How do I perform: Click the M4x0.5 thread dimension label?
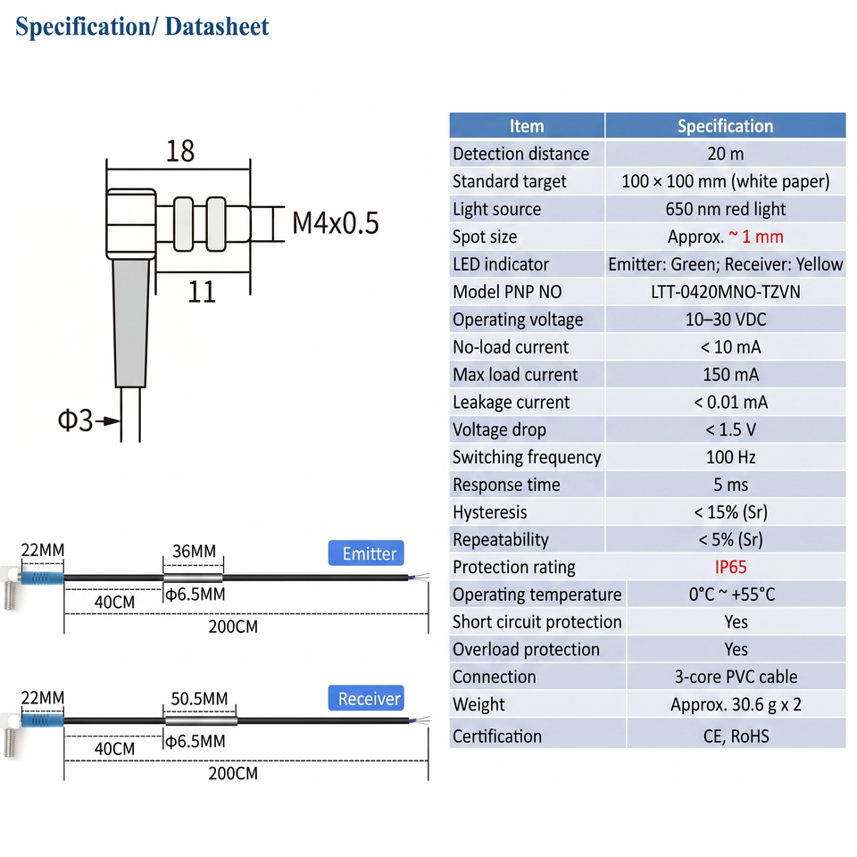[336, 223]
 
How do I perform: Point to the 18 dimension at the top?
[179, 152]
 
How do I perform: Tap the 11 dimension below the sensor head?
[202, 292]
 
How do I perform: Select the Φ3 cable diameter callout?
[75, 420]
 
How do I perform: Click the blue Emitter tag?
[366, 553]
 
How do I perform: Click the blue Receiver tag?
[366, 698]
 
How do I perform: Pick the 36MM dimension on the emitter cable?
[194, 551]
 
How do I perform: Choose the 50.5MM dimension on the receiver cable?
[199, 698]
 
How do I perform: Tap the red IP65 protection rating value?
[730, 568]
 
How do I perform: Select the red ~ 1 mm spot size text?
[756, 237]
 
